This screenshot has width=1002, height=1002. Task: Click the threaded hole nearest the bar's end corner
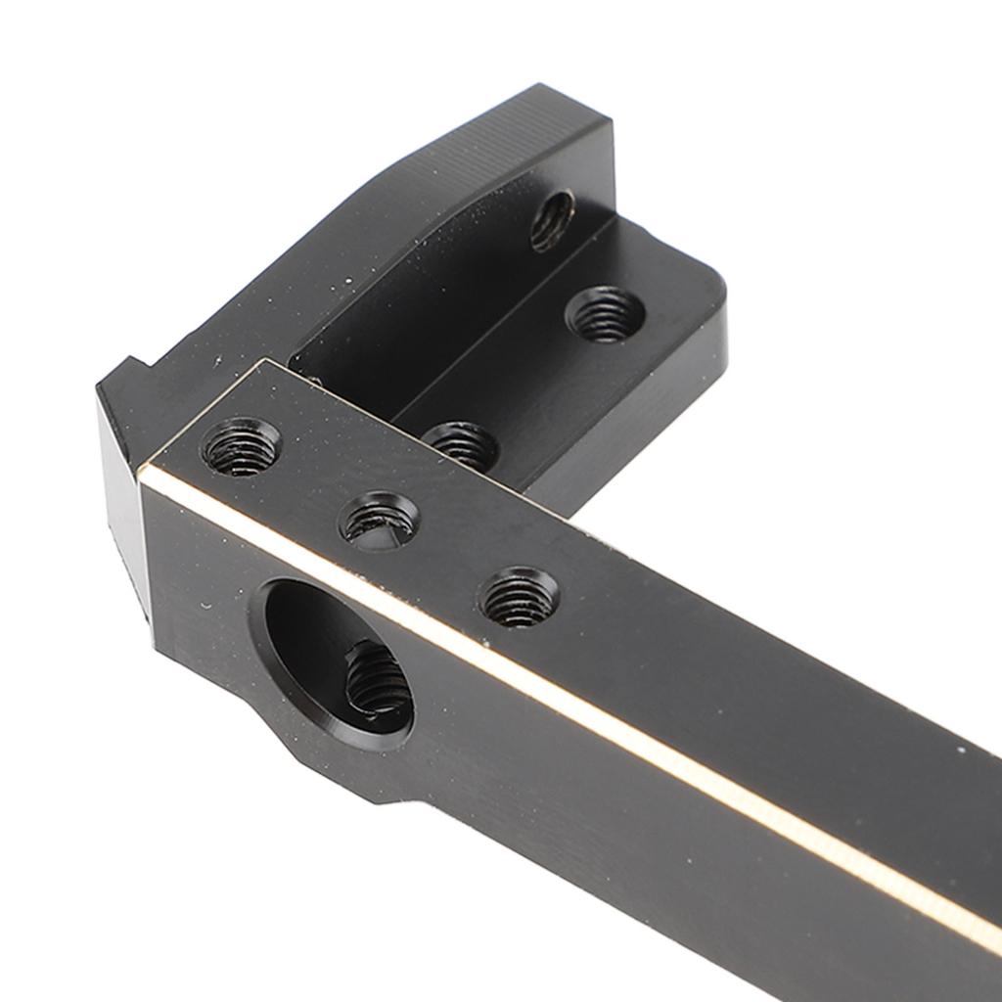(x=241, y=447)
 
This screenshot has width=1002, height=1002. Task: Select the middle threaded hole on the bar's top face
(x=380, y=520)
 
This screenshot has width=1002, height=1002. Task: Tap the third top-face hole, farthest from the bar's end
(x=519, y=597)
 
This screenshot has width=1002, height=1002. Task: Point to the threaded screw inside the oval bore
(x=378, y=680)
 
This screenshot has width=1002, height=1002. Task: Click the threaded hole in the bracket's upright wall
(x=553, y=220)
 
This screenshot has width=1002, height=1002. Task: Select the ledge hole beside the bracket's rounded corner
(x=605, y=313)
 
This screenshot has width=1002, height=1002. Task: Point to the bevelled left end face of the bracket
(x=122, y=489)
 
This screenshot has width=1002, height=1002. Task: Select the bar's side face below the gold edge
(x=636, y=832)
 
